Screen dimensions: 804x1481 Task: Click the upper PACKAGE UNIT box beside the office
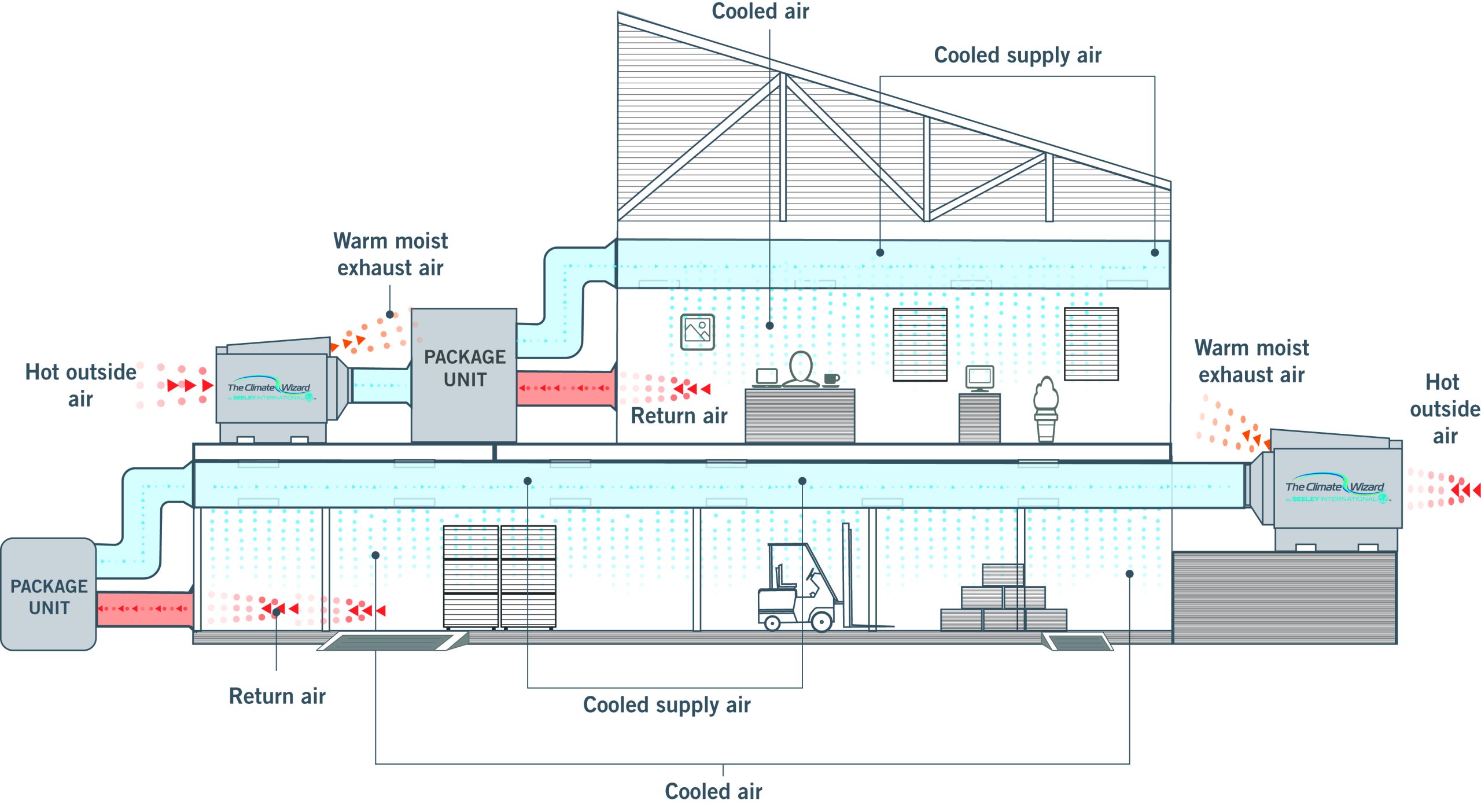pyautogui.click(x=463, y=375)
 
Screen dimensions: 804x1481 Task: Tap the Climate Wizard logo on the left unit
pyautogui.click(x=270, y=388)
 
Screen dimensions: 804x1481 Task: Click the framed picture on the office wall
pyautogui.click(x=697, y=331)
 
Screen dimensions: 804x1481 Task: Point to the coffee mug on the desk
pyautogui.click(x=831, y=379)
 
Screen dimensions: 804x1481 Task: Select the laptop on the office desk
pyautogui.click(x=767, y=378)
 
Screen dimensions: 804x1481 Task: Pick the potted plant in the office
pyautogui.click(x=1046, y=408)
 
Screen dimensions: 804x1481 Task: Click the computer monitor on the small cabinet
pyautogui.click(x=979, y=378)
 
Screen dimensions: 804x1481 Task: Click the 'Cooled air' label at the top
pyautogui.click(x=760, y=11)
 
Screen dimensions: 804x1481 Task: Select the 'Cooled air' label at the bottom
pyautogui.click(x=713, y=791)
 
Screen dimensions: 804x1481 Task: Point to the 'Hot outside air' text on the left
pyautogui.click(x=80, y=385)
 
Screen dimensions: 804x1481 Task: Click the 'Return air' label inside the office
pyautogui.click(x=679, y=416)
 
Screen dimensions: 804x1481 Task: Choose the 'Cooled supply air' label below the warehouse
pyautogui.click(x=666, y=705)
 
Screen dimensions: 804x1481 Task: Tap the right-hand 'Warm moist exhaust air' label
pyautogui.click(x=1251, y=362)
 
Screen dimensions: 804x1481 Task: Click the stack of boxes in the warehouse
pyautogui.click(x=1004, y=602)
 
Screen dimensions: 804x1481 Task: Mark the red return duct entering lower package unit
pyautogui.click(x=144, y=608)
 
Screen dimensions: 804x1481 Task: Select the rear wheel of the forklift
pyautogui.click(x=772, y=623)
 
